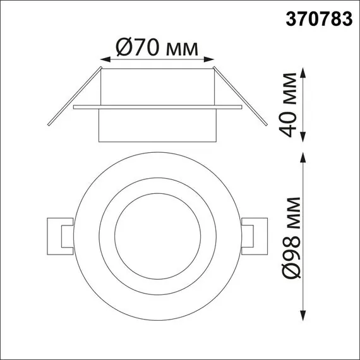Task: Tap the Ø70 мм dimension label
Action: (157, 46)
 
